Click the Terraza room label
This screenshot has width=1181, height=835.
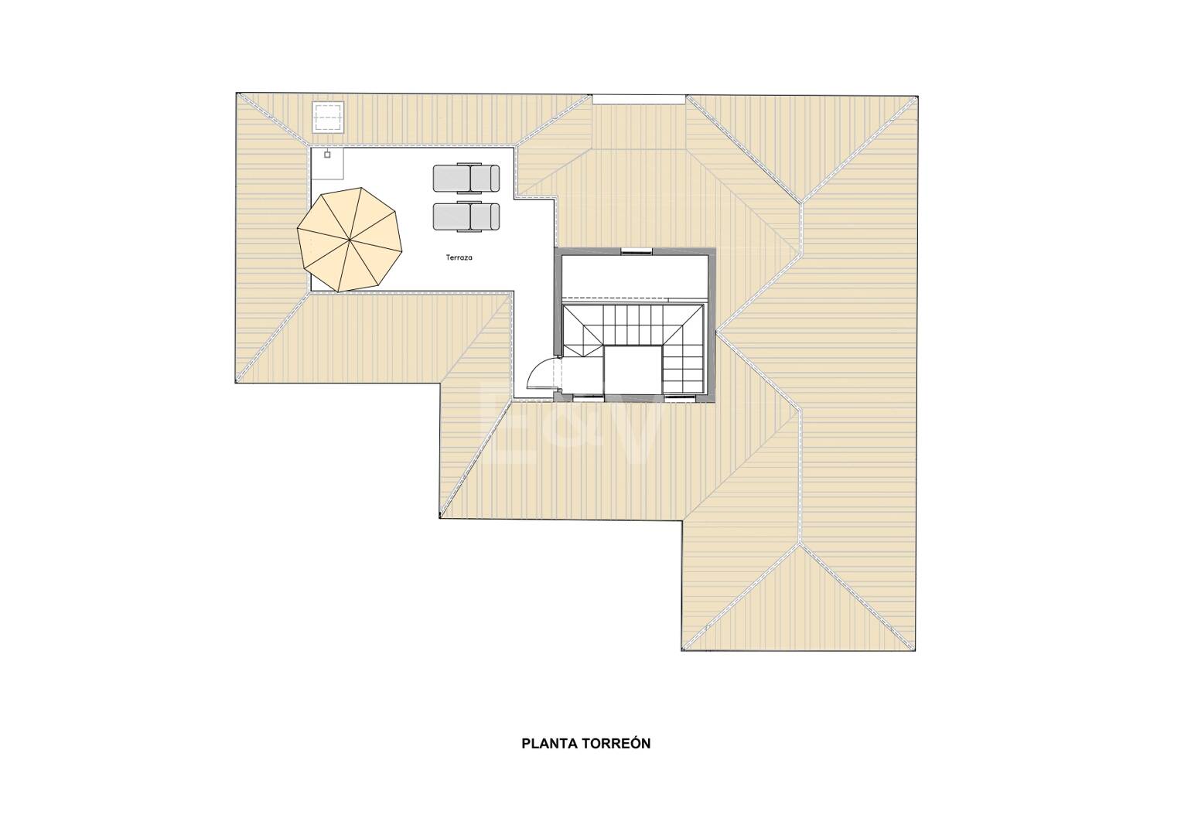click(x=459, y=257)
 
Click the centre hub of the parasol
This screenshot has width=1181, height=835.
click(x=350, y=240)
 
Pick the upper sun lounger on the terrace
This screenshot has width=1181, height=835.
click(x=466, y=178)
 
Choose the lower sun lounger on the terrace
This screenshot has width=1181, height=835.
click(x=466, y=216)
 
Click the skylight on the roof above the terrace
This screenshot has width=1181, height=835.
click(x=328, y=117)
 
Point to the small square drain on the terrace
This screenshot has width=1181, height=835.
click(x=327, y=155)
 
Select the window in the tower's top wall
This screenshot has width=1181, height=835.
click(x=637, y=251)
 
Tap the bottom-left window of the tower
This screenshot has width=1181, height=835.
click(x=587, y=398)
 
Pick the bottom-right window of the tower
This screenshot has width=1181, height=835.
click(x=679, y=398)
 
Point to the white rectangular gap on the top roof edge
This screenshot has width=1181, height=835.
click(x=639, y=100)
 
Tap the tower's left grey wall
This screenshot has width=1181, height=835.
click(x=558, y=302)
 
